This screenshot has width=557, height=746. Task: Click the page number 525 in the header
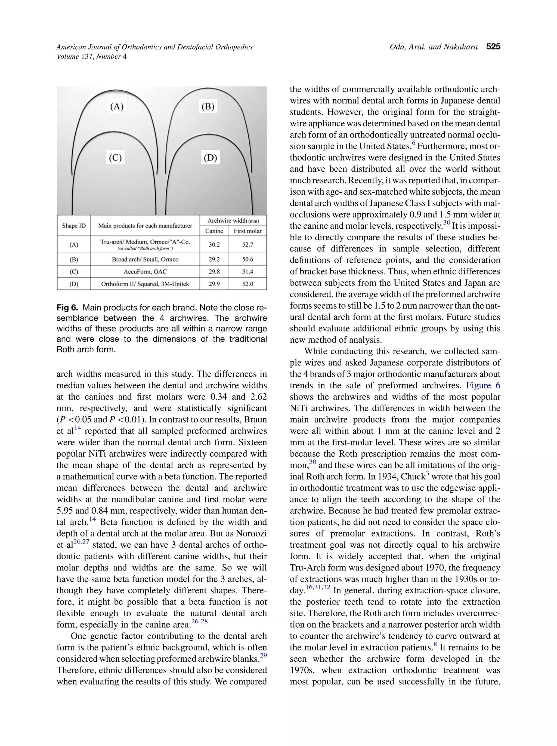coord(493,47)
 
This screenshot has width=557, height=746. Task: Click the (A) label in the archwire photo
coord(117,107)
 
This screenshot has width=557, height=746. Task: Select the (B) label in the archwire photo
coord(208,107)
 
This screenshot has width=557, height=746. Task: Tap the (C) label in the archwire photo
coord(115,158)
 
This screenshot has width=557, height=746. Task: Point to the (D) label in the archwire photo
coord(210,158)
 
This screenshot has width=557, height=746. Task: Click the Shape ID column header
coord(74,226)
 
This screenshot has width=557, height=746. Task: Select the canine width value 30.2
coord(214,244)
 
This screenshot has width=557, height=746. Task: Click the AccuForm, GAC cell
coord(145,272)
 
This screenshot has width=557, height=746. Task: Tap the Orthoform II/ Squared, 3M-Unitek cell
coord(145,284)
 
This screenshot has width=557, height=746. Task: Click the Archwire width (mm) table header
coord(233,220)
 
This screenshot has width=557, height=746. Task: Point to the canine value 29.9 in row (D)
coord(214,284)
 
